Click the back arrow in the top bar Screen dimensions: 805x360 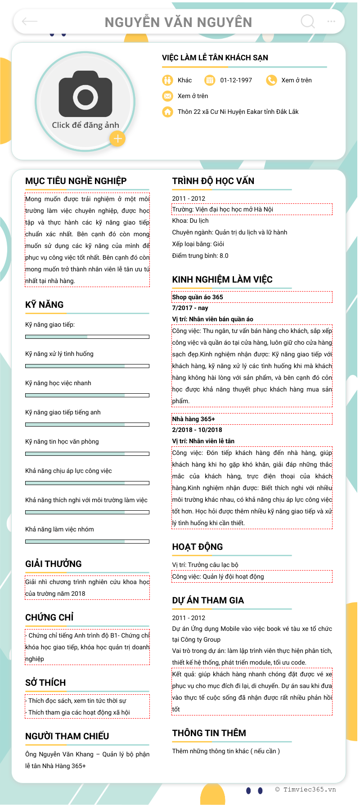[30, 21]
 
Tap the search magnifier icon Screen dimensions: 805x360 [308, 21]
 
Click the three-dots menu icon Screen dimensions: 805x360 [331, 21]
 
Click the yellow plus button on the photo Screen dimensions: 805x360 [117, 139]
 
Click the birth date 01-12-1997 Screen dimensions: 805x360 [236, 80]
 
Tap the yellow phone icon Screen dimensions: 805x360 [271, 80]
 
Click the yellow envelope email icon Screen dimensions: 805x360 [167, 96]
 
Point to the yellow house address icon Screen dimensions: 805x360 [167, 112]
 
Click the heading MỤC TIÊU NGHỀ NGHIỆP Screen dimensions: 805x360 [76, 181]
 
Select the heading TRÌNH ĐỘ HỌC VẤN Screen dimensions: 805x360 [213, 181]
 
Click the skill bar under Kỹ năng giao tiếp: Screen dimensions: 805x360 [87, 337]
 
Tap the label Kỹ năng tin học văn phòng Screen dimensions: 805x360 [62, 441]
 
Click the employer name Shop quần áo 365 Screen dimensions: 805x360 [198, 297]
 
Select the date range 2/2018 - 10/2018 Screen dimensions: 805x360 [197, 430]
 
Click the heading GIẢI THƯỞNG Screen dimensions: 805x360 [54, 564]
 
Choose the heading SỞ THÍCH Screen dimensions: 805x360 [45, 683]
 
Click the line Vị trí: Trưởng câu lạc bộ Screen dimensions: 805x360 [205, 565]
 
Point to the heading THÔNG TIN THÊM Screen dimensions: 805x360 [209, 733]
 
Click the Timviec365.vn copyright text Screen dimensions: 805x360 [306, 789]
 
